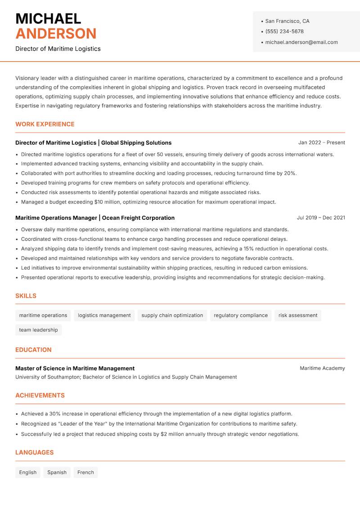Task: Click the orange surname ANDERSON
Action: pos(56,34)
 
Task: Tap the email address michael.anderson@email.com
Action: pos(301,42)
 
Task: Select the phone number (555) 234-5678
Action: pos(284,31)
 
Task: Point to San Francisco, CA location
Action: pos(287,21)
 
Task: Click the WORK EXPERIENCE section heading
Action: pos(45,124)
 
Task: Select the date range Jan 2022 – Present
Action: pos(321,143)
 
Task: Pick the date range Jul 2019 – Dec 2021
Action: pos(321,218)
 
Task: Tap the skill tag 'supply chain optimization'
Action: pos(172,316)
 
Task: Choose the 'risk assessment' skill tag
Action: pos(298,316)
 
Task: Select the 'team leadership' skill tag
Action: pos(38,330)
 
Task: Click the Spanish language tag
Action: pos(57,472)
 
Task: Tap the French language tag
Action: pos(85,472)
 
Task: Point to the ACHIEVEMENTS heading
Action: pos(40,396)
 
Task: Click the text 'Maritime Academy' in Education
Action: pos(322,368)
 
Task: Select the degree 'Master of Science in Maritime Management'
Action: pos(75,368)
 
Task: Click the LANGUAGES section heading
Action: pos(34,453)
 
